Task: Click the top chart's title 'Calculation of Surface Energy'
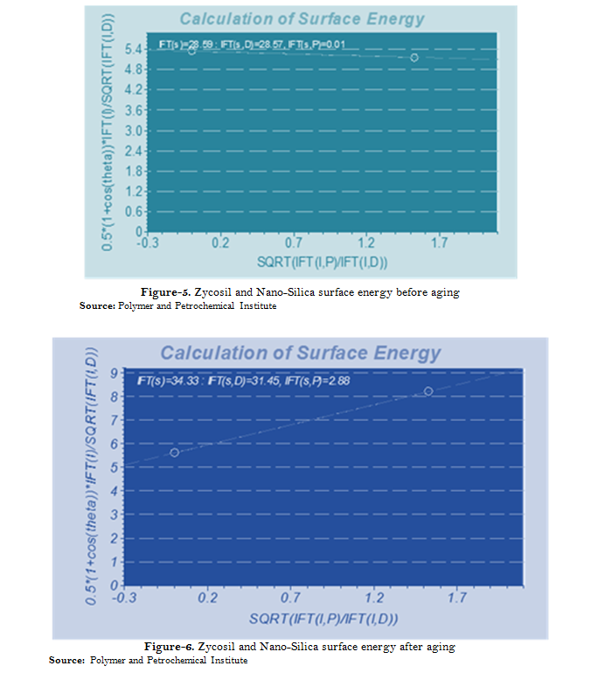click(301, 19)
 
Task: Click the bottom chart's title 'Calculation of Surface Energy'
click(300, 354)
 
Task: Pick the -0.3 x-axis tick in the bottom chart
click(124, 598)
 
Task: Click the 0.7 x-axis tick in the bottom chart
click(291, 598)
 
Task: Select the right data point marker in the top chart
click(414, 57)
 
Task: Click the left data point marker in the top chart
click(192, 50)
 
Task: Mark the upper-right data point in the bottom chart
click(428, 391)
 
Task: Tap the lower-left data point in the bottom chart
click(175, 452)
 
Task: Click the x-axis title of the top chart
click(323, 262)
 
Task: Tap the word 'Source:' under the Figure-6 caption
click(66, 660)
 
